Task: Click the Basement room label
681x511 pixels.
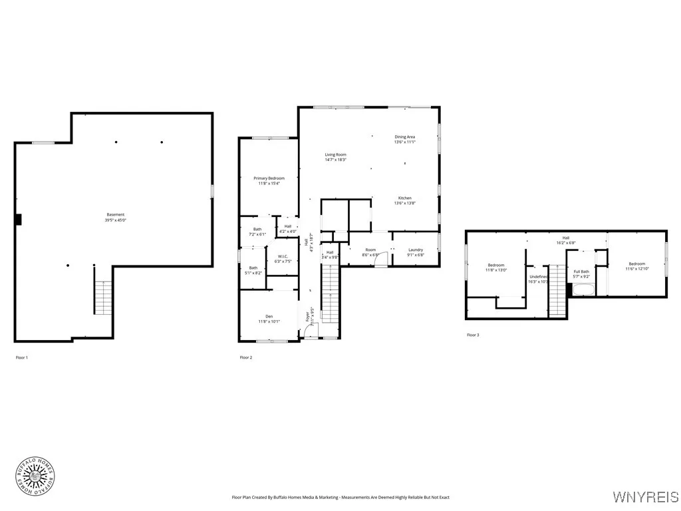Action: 115,217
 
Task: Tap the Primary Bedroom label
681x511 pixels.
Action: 269,181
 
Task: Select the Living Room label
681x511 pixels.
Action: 335,157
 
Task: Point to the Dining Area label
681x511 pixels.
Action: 404,139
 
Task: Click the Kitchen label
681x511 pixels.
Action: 404,200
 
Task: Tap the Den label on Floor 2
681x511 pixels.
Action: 269,319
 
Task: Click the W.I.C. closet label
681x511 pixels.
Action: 283,258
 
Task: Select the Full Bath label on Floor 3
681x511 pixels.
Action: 581,273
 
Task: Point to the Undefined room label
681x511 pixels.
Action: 538,279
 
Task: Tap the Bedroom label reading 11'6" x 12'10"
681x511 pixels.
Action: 636,266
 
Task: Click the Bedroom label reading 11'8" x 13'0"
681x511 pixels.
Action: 496,267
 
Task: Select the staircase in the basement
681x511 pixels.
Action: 103,297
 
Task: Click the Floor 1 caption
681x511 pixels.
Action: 22,358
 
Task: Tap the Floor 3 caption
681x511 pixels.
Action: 473,335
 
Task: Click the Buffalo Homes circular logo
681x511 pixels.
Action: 35,475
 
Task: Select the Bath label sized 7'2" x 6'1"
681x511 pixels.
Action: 257,232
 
